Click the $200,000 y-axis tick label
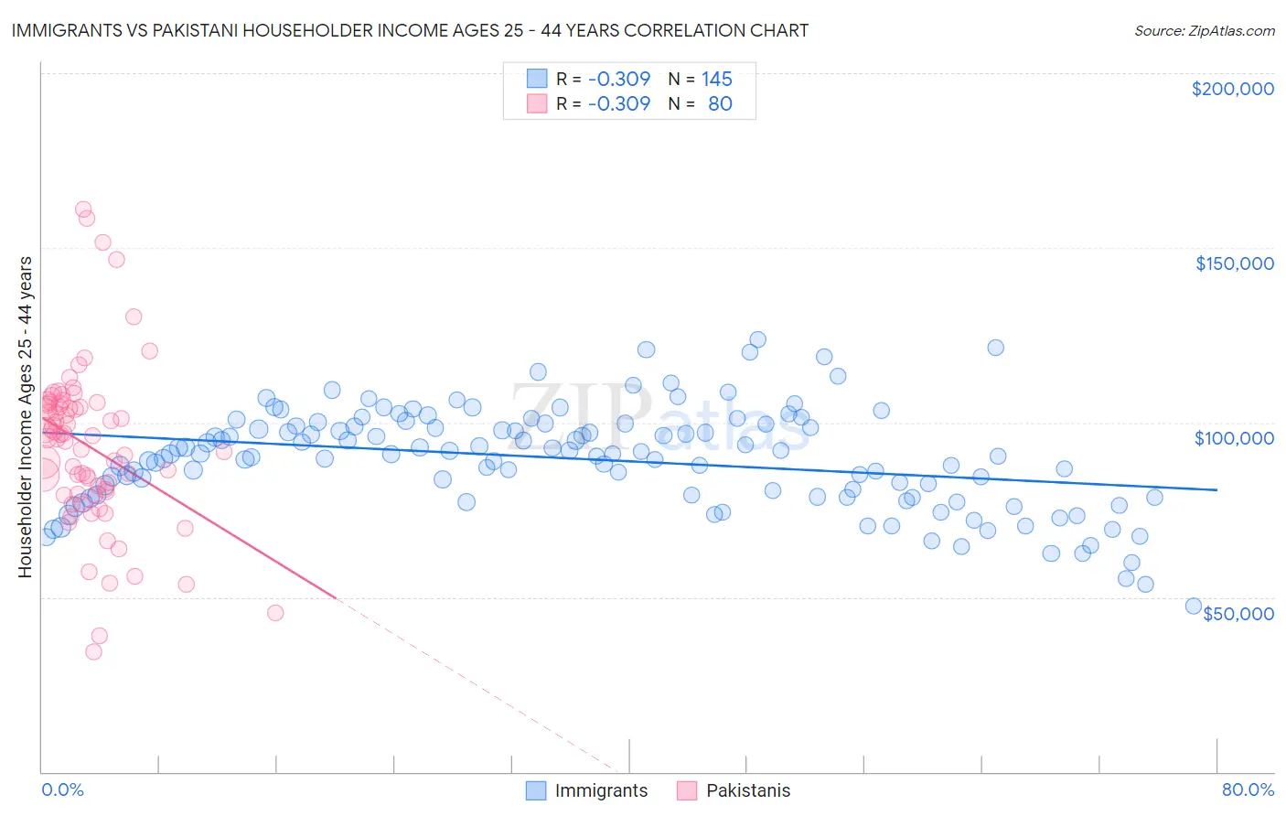tap(1232, 89)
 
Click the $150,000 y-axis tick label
tap(1234, 263)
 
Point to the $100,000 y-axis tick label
tap(1234, 438)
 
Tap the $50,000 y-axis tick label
tap(1238, 613)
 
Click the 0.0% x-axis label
tap(62, 790)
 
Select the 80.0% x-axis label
tap(1248, 790)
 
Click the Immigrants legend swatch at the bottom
tap(536, 790)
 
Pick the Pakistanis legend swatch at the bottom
tap(687, 790)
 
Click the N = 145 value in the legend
tap(700, 80)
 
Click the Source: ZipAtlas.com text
tap(1204, 30)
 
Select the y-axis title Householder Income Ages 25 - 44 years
tap(25, 417)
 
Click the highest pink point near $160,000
tap(83, 209)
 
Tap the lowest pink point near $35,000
tap(93, 651)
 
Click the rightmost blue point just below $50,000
tap(1193, 606)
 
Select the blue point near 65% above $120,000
tap(995, 348)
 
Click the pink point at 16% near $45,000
tap(275, 613)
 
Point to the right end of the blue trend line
tap(1216, 490)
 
